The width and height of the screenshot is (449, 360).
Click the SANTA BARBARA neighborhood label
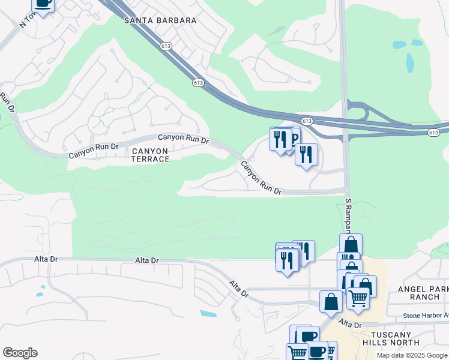click(160, 20)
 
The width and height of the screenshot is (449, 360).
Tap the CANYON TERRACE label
click(150, 155)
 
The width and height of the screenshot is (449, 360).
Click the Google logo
click(20, 353)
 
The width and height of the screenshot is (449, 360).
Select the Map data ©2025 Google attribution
click(412, 355)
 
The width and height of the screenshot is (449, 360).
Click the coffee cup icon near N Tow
click(43, 4)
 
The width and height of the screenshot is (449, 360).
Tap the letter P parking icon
click(293, 138)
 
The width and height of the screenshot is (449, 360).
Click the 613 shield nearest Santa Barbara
click(166, 46)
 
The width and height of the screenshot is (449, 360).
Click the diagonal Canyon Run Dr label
click(261, 178)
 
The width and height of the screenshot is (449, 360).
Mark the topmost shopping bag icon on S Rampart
click(351, 244)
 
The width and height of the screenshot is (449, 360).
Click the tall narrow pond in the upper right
click(410, 62)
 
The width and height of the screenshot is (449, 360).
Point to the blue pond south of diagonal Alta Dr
click(208, 313)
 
